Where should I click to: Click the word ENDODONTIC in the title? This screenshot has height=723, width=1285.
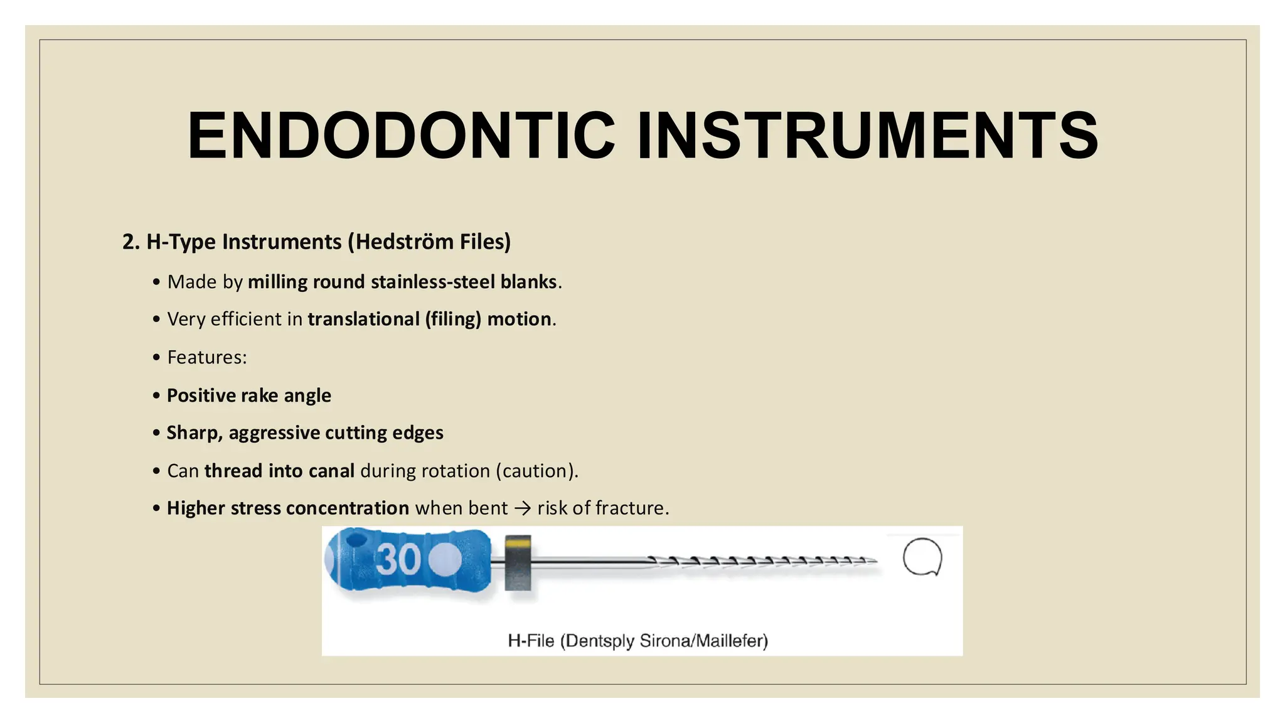coord(401,136)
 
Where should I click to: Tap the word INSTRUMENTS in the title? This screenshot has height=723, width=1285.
coord(867,136)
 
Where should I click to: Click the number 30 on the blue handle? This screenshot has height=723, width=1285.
coord(398,559)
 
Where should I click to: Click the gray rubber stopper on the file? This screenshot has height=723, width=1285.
coord(518,563)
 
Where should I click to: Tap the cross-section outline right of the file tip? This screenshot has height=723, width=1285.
coord(922,557)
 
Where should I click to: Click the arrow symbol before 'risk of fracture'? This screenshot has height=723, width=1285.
coord(522,508)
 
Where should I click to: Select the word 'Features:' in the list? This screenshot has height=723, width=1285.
coord(207,357)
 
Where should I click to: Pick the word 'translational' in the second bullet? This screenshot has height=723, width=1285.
coord(363,319)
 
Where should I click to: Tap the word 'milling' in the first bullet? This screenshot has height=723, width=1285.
coord(277,282)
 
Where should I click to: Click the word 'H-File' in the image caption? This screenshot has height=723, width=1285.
coord(531,641)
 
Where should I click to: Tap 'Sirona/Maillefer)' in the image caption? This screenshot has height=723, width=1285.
coord(703,641)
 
